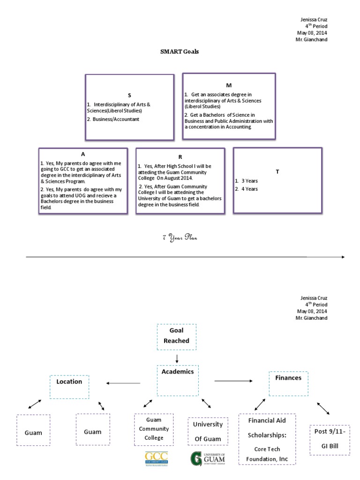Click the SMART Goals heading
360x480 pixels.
(180, 52)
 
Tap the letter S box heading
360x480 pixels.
(129, 95)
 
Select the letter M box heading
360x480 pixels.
(229, 85)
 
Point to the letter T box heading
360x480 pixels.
(277, 172)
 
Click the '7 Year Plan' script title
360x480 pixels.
(180, 238)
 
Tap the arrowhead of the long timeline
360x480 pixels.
(343, 257)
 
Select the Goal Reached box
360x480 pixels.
(177, 337)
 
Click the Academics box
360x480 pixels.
(178, 381)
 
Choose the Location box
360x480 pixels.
(69, 387)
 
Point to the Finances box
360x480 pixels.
(289, 384)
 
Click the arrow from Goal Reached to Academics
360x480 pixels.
(177, 359)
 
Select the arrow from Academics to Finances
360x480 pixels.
(233, 381)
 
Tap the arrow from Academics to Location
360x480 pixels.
(123, 383)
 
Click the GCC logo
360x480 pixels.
(157, 459)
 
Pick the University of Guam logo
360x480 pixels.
(208, 458)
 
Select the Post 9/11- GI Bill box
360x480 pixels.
(330, 440)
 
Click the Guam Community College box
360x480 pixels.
(154, 429)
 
